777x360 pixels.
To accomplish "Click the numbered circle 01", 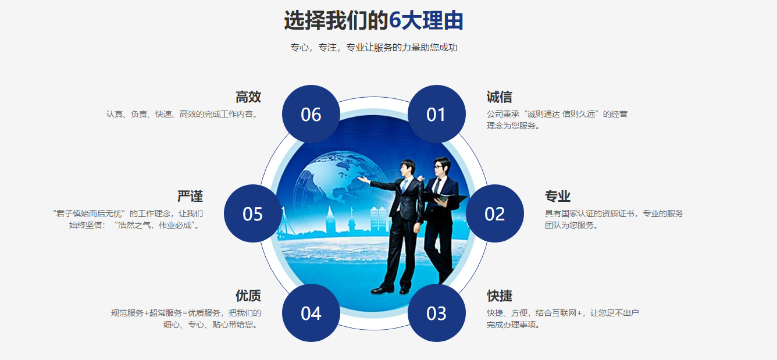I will pyautogui.click(x=436, y=114).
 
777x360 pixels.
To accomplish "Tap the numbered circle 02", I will pyautogui.click(x=494, y=213).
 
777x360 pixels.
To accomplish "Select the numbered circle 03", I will pyautogui.click(x=436, y=313).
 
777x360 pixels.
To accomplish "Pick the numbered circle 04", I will pyautogui.click(x=311, y=313).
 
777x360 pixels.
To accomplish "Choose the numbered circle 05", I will pyautogui.click(x=252, y=213).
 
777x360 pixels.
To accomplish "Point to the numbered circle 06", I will pyautogui.click(x=311, y=114).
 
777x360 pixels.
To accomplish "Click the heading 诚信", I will pyautogui.click(x=500, y=97).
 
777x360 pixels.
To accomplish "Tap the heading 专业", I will pyautogui.click(x=558, y=197).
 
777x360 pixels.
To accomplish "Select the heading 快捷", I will pyautogui.click(x=500, y=296).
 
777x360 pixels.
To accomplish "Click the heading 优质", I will pyautogui.click(x=248, y=296).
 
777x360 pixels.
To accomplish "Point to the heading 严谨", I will pyautogui.click(x=190, y=197).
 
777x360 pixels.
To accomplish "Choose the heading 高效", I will pyautogui.click(x=248, y=97).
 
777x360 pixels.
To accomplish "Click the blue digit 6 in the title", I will pyautogui.click(x=395, y=21).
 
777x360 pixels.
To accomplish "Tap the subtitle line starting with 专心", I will pyautogui.click(x=374, y=48).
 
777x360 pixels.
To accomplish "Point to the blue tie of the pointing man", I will pyautogui.click(x=404, y=186).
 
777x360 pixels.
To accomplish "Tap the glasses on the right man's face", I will pyautogui.click(x=441, y=166).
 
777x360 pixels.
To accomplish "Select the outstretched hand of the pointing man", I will pyautogui.click(x=363, y=180).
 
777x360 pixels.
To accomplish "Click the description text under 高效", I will pyautogui.click(x=181, y=115).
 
